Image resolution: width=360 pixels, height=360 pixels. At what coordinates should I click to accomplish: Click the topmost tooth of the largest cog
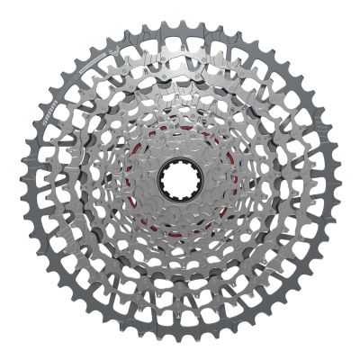coord(181,19)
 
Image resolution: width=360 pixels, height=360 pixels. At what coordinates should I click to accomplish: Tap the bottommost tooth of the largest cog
coord(181,342)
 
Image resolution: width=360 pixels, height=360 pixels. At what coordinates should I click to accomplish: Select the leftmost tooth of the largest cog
coord(20,180)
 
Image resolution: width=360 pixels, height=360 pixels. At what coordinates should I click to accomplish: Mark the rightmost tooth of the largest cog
coord(341,180)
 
